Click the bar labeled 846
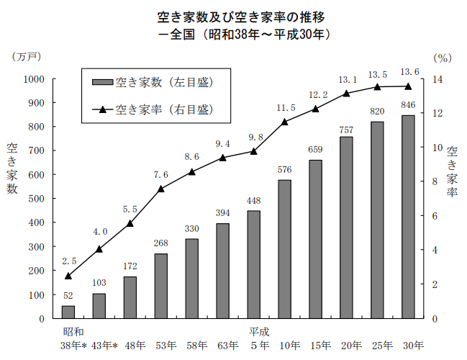pyautogui.click(x=408, y=217)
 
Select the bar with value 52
pyautogui.click(x=68, y=312)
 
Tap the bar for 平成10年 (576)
pyautogui.click(x=284, y=249)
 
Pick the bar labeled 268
pyautogui.click(x=161, y=286)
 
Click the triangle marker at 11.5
pyautogui.click(x=284, y=122)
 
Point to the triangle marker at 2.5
pyautogui.click(x=68, y=276)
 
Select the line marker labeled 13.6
pyautogui.click(x=408, y=86)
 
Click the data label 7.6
pyautogui.click(x=161, y=175)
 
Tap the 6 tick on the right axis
pyautogui.click(x=436, y=216)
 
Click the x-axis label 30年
pyautogui.click(x=412, y=345)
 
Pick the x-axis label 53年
pyautogui.click(x=166, y=345)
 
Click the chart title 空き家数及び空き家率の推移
pyautogui.click(x=233, y=15)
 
